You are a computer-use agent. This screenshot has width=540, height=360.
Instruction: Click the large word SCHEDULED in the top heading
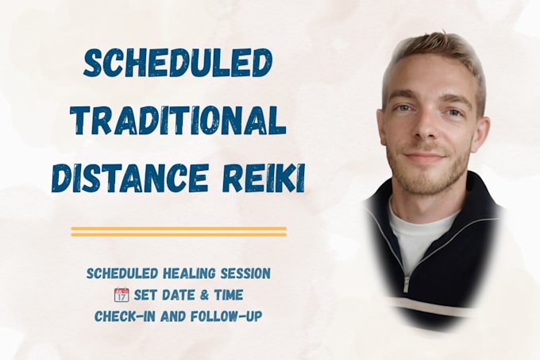(x=176, y=63)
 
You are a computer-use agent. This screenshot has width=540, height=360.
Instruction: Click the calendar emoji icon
(x=121, y=295)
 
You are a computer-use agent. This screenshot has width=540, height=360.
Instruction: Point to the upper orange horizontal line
(x=179, y=228)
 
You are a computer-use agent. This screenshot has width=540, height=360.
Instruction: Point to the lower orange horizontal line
(x=179, y=234)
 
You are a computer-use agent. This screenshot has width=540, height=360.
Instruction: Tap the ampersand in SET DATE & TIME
(x=205, y=296)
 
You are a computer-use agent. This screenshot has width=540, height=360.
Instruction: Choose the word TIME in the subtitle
(x=229, y=296)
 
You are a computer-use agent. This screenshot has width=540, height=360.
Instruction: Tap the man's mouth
(x=426, y=156)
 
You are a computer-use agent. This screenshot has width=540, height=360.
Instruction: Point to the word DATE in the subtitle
(x=181, y=296)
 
